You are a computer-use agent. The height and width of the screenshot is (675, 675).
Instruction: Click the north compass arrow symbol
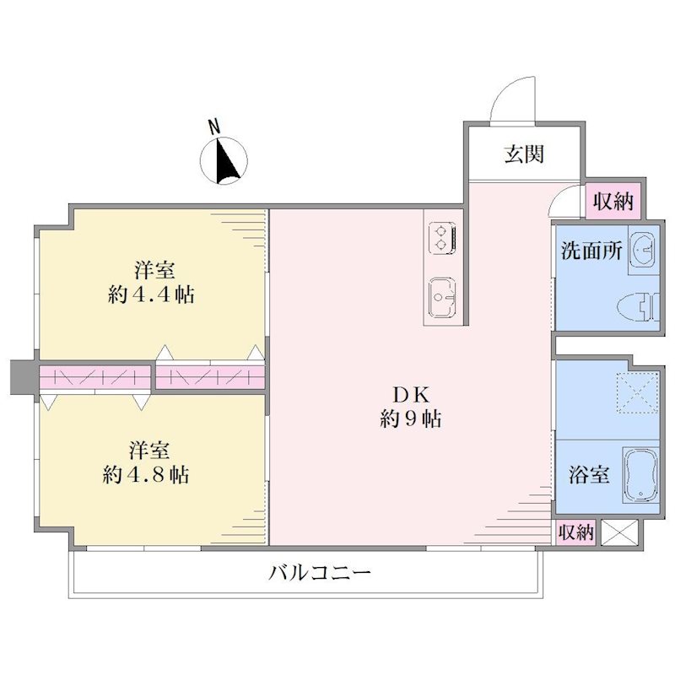(x=224, y=161)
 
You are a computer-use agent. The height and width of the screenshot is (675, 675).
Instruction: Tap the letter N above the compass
(x=214, y=127)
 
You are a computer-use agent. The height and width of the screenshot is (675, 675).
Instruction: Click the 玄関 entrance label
(x=524, y=154)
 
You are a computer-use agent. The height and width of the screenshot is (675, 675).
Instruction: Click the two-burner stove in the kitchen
(x=442, y=238)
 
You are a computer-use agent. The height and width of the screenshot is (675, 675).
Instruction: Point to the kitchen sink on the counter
(x=442, y=298)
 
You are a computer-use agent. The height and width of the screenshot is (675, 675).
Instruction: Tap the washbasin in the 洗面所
(x=643, y=250)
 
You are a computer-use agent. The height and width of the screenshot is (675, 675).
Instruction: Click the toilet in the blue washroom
(x=638, y=307)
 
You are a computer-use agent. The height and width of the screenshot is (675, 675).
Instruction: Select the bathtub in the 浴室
(x=640, y=475)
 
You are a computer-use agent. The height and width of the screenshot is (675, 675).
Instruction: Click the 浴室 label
(x=588, y=474)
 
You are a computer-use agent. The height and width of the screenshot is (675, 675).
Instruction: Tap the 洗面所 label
(x=591, y=251)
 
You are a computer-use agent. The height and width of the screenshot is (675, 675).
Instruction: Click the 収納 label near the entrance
(x=613, y=201)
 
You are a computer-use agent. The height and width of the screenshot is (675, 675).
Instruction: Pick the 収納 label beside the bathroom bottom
(x=576, y=532)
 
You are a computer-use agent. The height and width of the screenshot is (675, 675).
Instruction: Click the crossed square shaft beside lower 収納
(x=619, y=532)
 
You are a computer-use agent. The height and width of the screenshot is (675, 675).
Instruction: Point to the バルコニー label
(x=320, y=573)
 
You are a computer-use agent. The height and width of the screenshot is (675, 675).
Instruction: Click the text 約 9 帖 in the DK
(x=411, y=418)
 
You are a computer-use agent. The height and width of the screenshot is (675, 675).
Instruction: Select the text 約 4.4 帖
(x=151, y=294)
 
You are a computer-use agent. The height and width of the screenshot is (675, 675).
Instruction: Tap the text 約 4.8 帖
(x=146, y=474)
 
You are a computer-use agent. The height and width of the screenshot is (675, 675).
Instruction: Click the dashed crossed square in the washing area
(x=638, y=392)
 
